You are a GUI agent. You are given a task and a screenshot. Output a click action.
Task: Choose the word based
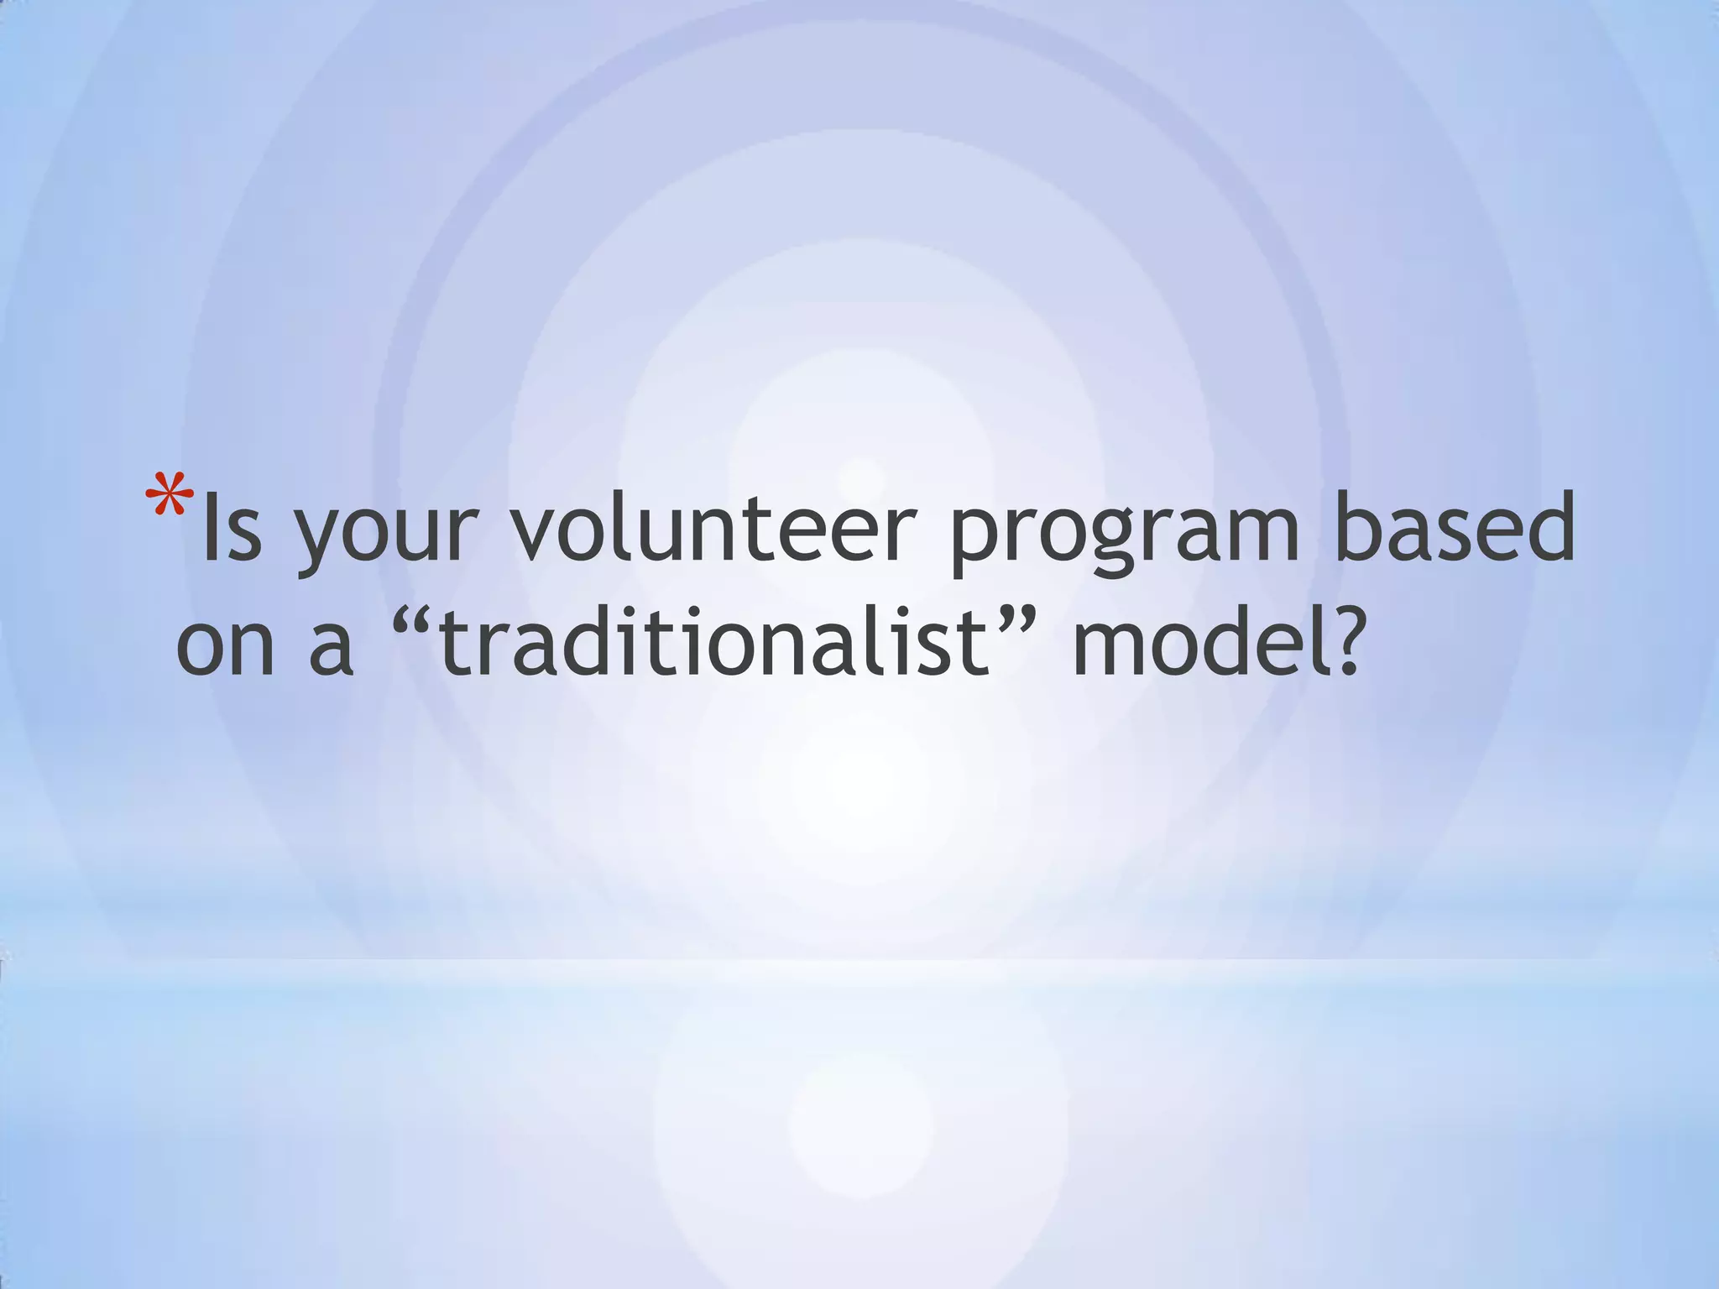(x=1455, y=529)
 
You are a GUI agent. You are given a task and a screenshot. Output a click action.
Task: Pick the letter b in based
(x=1361, y=527)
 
